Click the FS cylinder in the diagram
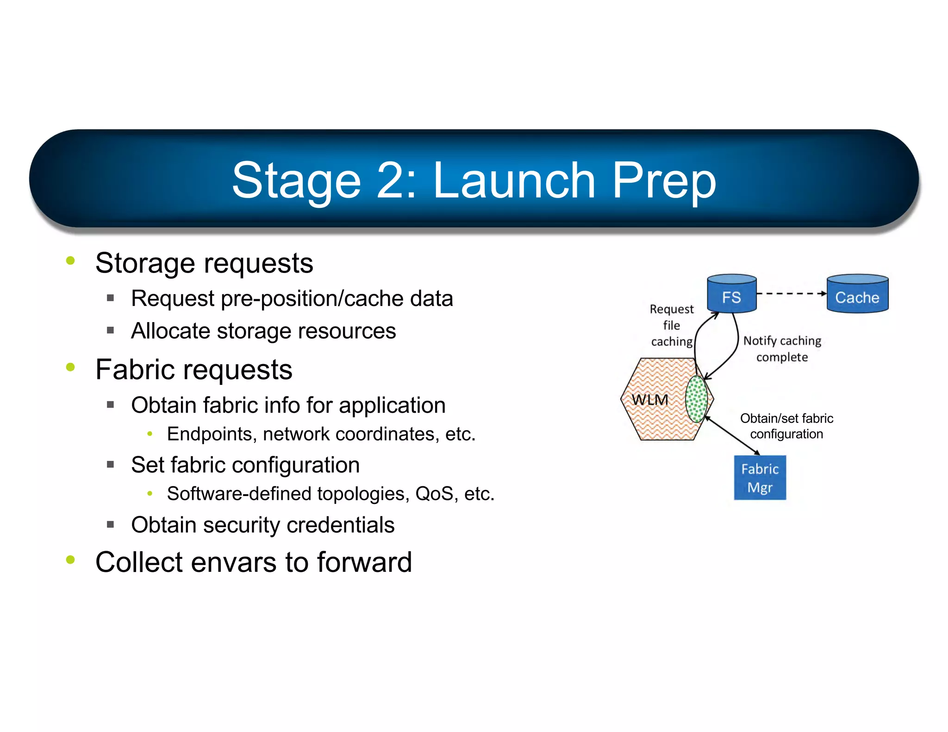(x=731, y=294)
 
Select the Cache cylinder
(x=857, y=294)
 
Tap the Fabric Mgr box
(x=760, y=478)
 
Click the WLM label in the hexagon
(x=650, y=400)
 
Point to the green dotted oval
(x=696, y=399)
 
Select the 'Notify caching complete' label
(x=782, y=349)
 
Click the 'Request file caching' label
(x=672, y=325)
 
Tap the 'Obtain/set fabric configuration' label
(x=786, y=426)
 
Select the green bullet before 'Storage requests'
(x=70, y=261)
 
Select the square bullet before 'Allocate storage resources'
(x=110, y=330)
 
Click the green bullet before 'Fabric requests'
(x=70, y=367)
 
